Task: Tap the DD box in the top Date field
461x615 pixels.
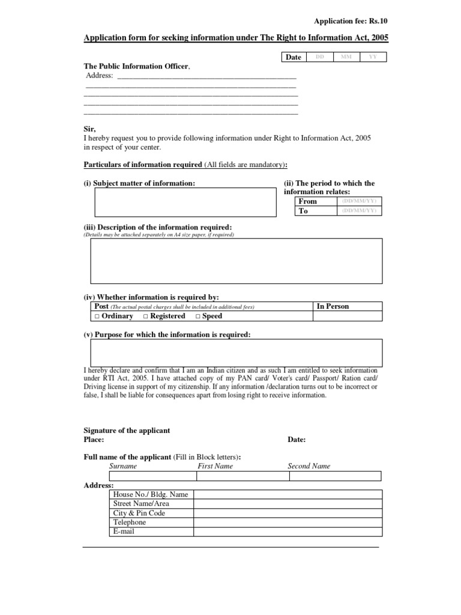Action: [319, 57]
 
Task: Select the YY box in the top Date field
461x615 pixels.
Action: [373, 57]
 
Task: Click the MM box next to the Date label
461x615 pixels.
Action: [346, 57]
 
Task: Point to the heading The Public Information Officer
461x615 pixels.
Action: [136, 66]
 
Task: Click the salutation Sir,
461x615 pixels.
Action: [89, 129]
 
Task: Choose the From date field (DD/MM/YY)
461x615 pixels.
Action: [359, 201]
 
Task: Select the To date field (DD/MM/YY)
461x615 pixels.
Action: [359, 211]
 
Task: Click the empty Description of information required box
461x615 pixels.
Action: [236, 261]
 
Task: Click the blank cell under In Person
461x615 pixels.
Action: [348, 316]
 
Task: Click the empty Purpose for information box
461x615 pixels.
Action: [236, 352]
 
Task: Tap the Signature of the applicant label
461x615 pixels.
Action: [127, 431]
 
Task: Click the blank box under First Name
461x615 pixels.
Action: [243, 476]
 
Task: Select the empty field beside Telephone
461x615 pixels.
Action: [287, 523]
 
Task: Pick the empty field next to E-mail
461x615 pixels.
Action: [287, 532]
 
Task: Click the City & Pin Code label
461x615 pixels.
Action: [139, 514]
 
